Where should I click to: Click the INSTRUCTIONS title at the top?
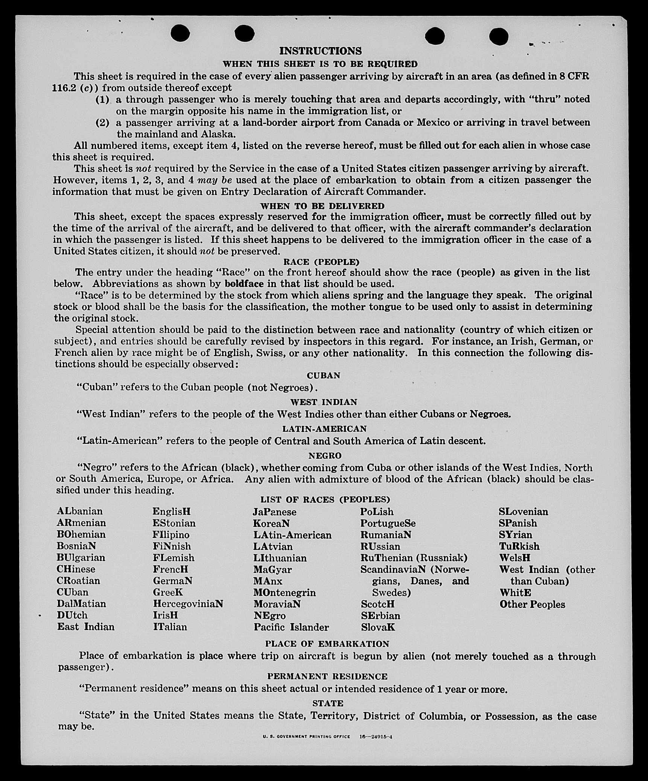pos(320,51)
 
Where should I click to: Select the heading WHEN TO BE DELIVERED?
pos(322,206)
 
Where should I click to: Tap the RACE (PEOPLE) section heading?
pos(321,262)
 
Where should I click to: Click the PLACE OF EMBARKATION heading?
pos(327,644)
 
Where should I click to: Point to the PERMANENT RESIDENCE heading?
pos(327,676)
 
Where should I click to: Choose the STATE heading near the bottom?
pos(328,703)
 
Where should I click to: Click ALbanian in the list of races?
pos(79,511)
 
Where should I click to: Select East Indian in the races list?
pos(85,627)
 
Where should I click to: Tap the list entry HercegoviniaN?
pos(188,604)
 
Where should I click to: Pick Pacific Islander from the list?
pos(291,627)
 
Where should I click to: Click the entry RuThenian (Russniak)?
pos(414,557)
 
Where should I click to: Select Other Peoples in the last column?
pos(532,604)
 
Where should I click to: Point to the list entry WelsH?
pos(514,557)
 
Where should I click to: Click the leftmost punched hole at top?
pos(180,33)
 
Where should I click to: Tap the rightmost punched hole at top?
pos(499,37)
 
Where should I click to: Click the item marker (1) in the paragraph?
pos(102,100)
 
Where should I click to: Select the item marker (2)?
pos(102,123)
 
